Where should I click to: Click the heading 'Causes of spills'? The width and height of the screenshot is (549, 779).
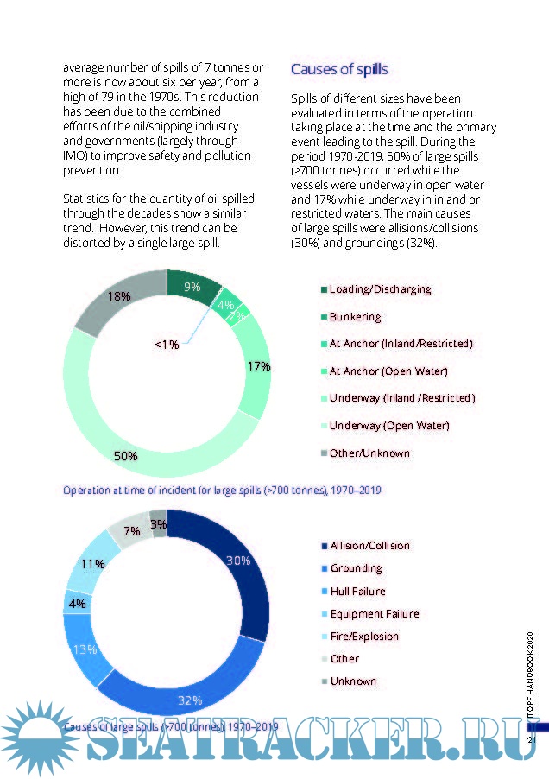[x=339, y=69]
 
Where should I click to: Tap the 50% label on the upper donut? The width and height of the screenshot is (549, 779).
[x=126, y=455]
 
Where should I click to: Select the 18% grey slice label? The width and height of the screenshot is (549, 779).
[x=118, y=296]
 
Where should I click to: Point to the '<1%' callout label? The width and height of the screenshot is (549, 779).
[x=167, y=344]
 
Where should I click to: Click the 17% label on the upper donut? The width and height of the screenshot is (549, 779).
[x=258, y=366]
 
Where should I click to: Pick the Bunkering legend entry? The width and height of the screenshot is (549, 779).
[x=356, y=317]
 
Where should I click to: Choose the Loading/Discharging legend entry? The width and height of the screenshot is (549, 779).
[x=380, y=289]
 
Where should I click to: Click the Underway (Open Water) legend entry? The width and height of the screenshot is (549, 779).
[x=389, y=425]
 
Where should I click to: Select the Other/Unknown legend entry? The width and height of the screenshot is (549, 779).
[x=369, y=453]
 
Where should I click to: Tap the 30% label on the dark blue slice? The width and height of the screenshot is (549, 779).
[x=238, y=560]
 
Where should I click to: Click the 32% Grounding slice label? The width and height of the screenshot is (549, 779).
[x=190, y=700]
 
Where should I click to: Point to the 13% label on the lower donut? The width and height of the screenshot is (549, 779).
[x=85, y=649]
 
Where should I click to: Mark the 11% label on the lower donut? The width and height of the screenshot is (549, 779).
[x=92, y=564]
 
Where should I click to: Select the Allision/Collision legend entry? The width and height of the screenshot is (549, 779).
[x=370, y=546]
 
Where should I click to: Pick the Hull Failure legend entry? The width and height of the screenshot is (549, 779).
[x=357, y=592]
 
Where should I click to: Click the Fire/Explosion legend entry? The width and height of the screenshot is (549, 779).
[x=364, y=636]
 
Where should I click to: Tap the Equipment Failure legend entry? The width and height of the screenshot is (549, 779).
[x=375, y=614]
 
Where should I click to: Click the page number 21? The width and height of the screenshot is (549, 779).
[x=532, y=739]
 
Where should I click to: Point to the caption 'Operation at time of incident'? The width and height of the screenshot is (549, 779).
[x=223, y=490]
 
